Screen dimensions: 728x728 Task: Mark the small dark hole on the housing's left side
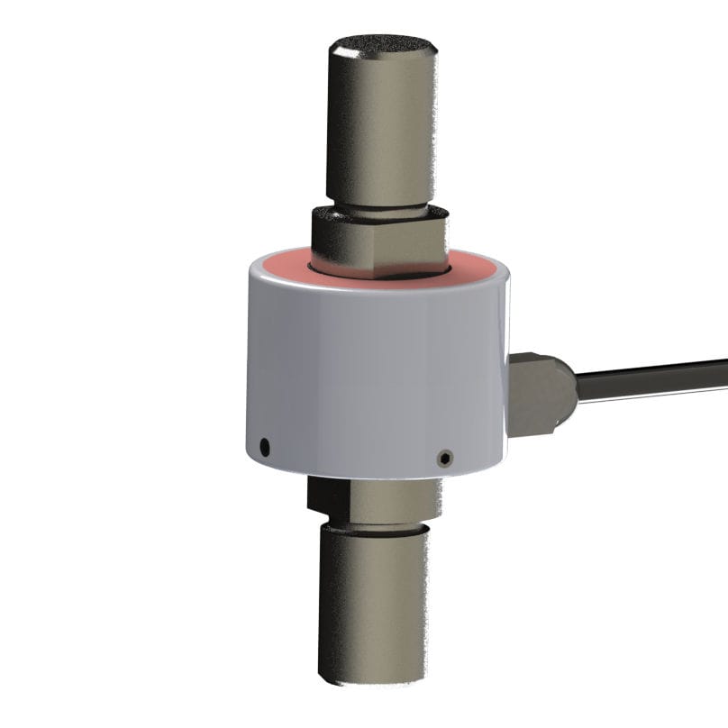tap(263, 445)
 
